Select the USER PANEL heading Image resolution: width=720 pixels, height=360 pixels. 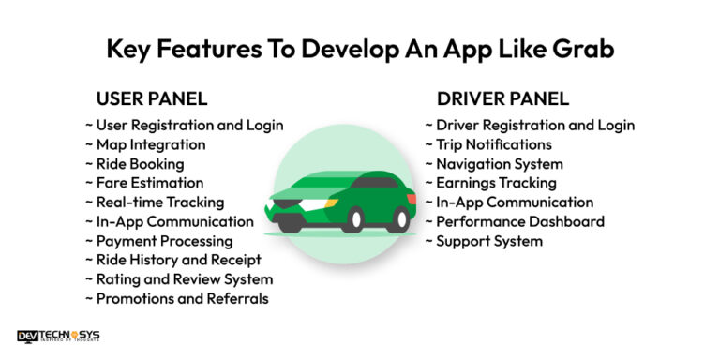pos(152,98)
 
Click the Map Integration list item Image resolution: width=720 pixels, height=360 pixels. pos(150,144)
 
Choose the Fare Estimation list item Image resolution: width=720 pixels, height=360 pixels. pos(149,183)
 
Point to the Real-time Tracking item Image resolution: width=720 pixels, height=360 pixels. pos(159,202)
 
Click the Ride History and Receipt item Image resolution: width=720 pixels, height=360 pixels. pos(178,260)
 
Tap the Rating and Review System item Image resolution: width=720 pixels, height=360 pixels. pos(184,279)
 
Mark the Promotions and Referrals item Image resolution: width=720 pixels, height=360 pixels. pos(182,298)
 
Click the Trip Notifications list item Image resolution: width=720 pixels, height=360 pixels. pos(493,144)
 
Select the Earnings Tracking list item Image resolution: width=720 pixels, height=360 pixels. pos(496,183)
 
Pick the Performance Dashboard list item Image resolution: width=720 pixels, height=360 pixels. pos(519,221)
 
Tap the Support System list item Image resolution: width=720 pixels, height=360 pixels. pos(488,241)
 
